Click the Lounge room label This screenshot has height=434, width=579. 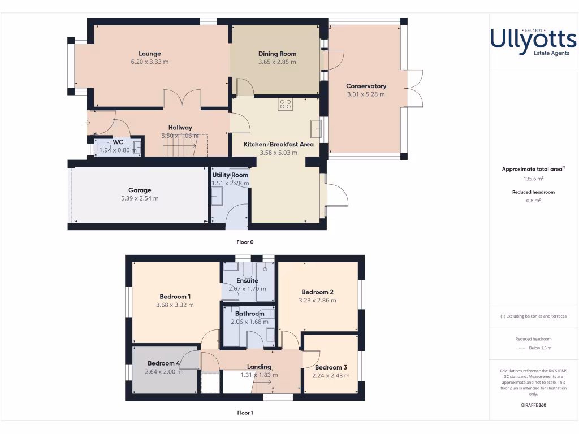click(x=150, y=54)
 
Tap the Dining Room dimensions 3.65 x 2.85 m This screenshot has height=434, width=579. click(x=277, y=62)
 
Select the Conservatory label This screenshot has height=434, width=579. click(x=366, y=86)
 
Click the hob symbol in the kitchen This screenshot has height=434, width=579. click(x=285, y=104)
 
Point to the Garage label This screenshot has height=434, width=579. click(x=140, y=190)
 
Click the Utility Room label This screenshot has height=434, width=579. click(x=230, y=175)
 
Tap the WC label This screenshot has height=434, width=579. click(x=118, y=142)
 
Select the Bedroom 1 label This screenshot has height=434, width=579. click(x=175, y=297)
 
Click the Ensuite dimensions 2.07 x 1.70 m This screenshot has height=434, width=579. click(x=247, y=289)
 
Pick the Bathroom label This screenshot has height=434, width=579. click(x=249, y=314)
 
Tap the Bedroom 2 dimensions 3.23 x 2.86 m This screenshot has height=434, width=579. click(x=317, y=301)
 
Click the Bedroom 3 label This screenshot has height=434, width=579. click(x=331, y=367)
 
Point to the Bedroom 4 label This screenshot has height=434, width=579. click(x=164, y=363)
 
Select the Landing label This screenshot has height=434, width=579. click(x=260, y=367)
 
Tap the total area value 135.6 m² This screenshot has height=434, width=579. click(x=534, y=179)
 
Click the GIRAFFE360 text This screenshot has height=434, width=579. click(x=534, y=405)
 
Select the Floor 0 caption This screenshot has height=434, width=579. click(x=245, y=242)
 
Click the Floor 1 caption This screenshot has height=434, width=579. click(x=245, y=413)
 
